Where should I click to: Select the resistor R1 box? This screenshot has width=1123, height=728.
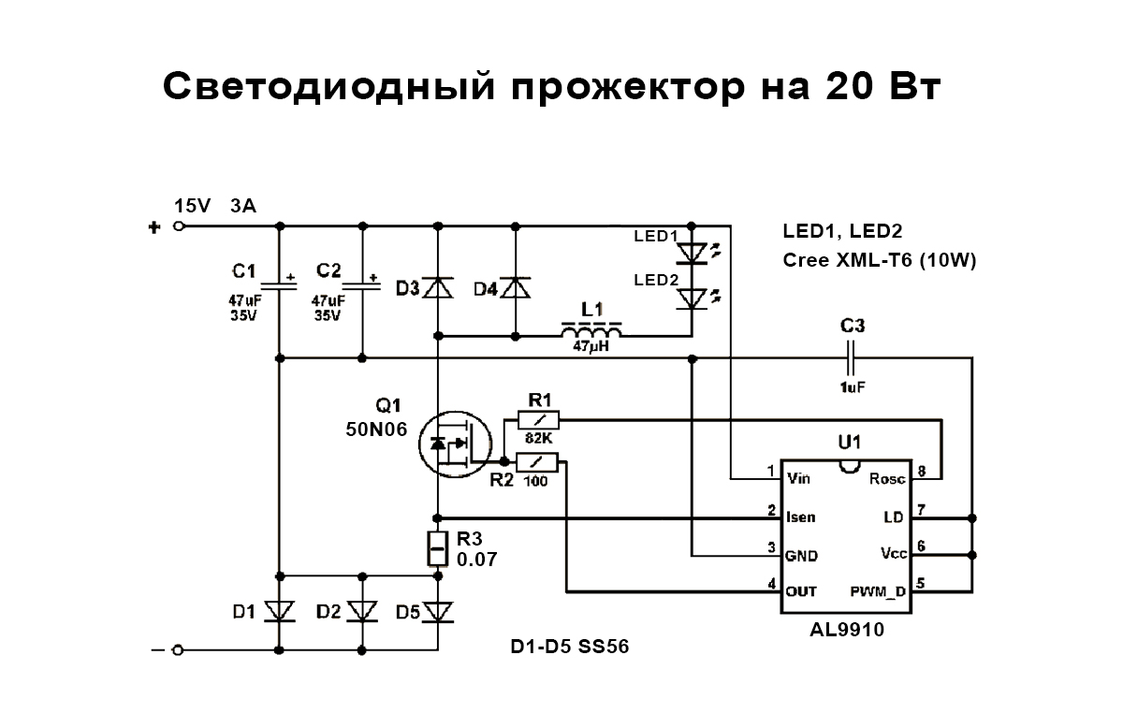point(538,421)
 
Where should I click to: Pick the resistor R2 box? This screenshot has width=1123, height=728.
point(538,461)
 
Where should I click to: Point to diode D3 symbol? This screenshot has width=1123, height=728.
point(437,287)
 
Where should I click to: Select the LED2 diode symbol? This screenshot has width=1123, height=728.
point(692,298)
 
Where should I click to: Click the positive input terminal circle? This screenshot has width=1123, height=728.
point(180,226)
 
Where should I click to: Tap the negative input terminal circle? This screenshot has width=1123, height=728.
point(180,649)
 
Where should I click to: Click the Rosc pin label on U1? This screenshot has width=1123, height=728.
point(887,479)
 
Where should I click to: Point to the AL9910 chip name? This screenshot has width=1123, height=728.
point(847,631)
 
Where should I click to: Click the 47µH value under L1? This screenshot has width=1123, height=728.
point(592,347)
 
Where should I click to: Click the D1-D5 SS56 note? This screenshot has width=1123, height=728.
point(563,647)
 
